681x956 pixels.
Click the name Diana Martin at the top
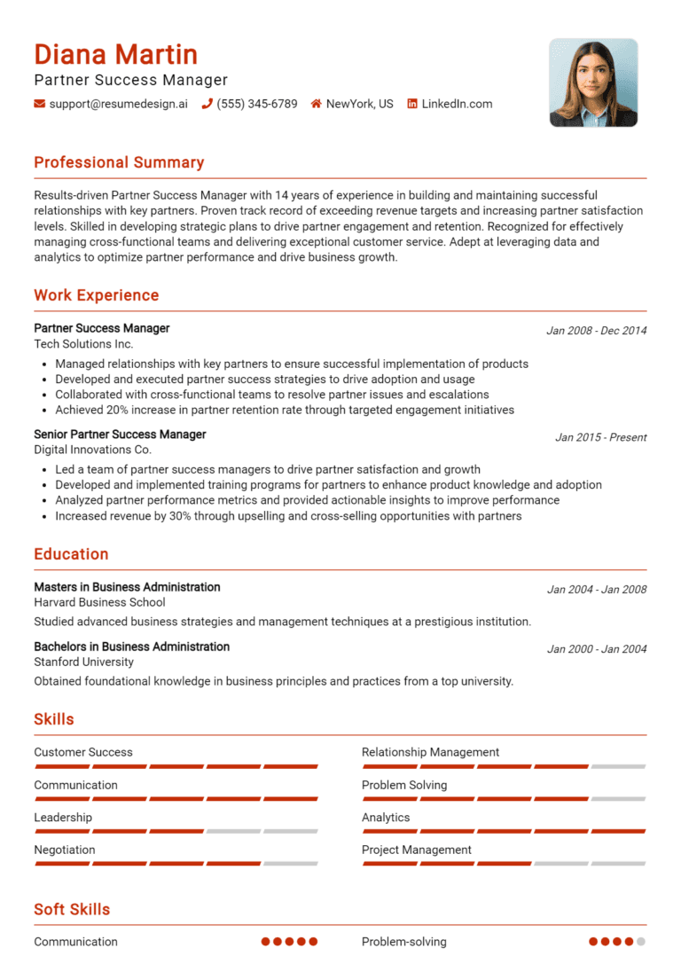point(115,55)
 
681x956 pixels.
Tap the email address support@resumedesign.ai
point(118,104)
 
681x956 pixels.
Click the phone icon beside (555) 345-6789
point(207,104)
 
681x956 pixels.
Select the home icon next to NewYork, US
point(316,104)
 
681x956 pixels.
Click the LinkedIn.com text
point(457,104)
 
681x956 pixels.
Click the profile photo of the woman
point(593,82)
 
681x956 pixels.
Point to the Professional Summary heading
point(119,162)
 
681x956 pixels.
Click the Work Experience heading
point(96,295)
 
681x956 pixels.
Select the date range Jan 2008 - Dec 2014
point(596,331)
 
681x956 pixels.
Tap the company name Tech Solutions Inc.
point(83,343)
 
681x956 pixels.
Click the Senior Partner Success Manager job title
point(120,435)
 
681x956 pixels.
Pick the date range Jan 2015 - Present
point(600,437)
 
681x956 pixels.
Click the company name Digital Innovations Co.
point(92,450)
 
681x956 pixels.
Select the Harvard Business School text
point(99,602)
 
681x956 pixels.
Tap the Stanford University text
point(83,662)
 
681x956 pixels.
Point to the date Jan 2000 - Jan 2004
point(596,649)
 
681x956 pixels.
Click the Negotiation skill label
point(64,850)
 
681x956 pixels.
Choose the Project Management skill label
point(416,850)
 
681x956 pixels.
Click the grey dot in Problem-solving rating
point(641,942)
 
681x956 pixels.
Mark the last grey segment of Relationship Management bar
point(618,766)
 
